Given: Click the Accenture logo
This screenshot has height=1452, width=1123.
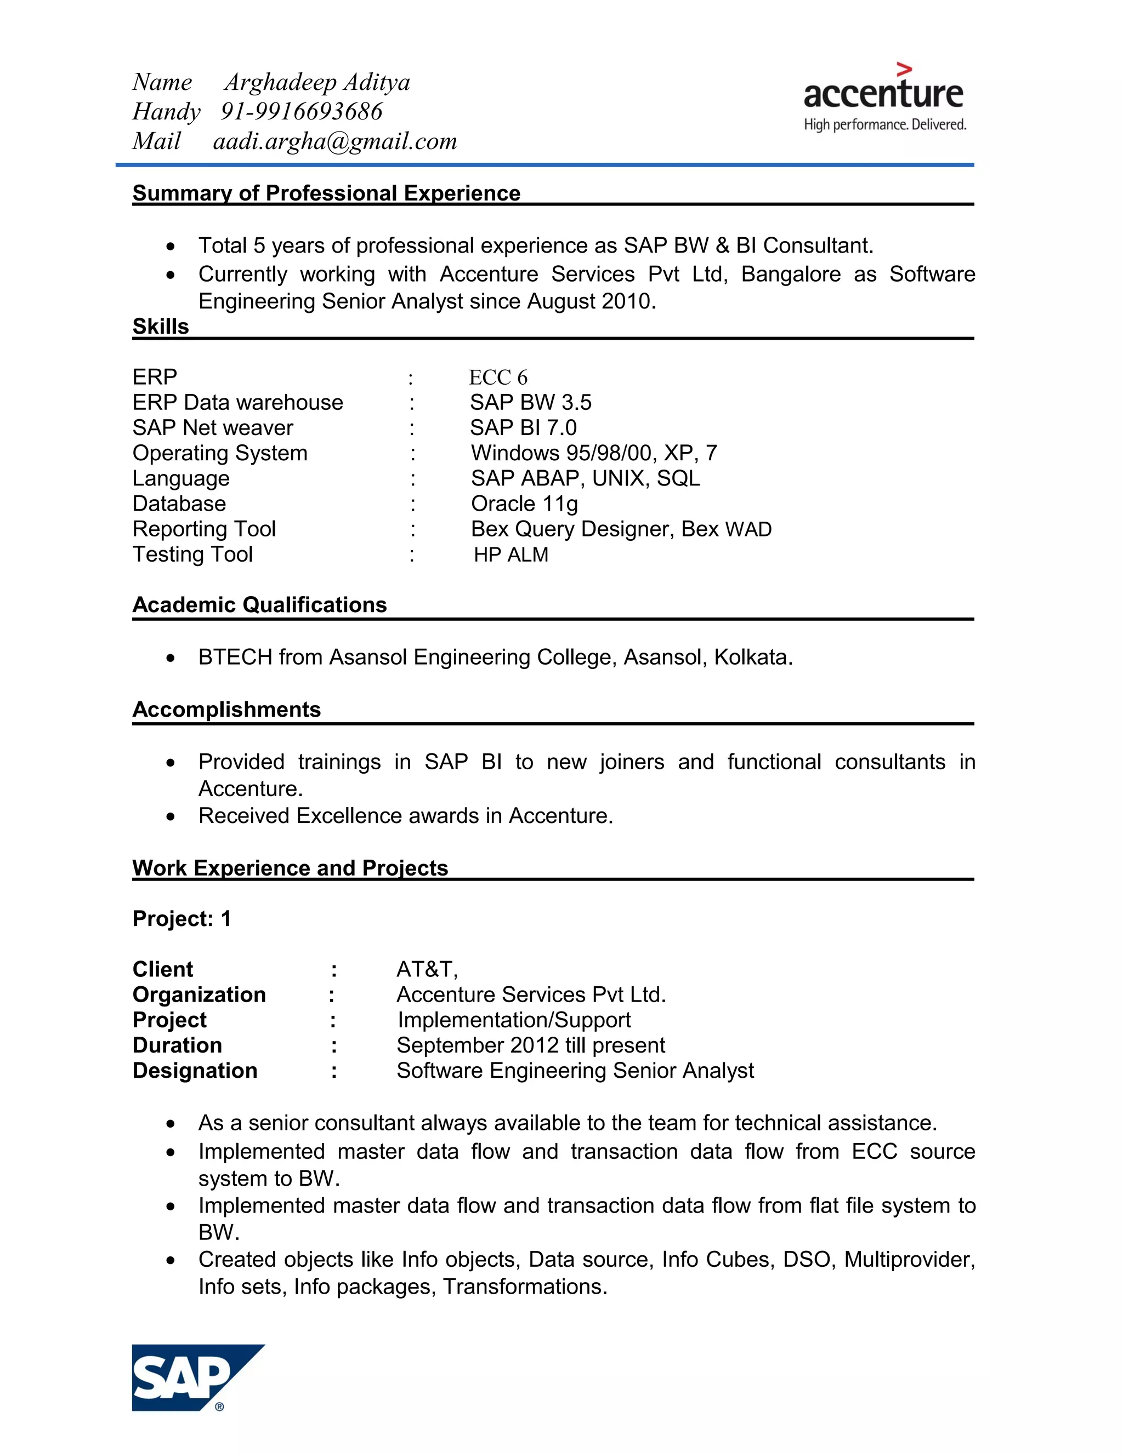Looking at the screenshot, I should [883, 99].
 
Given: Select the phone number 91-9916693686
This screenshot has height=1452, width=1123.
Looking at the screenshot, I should [302, 112].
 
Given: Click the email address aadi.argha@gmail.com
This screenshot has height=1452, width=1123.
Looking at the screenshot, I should [334, 141].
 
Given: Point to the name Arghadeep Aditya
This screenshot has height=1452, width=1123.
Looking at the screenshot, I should [317, 82].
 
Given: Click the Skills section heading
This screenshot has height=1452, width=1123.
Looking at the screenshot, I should [160, 327].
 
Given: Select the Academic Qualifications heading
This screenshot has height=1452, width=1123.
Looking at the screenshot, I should [259, 605].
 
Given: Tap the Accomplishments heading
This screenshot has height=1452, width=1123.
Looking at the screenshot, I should [226, 710].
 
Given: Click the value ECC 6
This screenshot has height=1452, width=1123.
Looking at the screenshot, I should [498, 378].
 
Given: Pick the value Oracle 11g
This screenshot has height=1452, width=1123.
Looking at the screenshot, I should [524, 504].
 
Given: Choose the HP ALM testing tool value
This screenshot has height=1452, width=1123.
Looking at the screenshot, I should [511, 554].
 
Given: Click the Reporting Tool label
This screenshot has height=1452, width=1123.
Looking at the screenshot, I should [203, 529].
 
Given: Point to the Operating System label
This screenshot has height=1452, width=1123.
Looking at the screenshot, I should [219, 454].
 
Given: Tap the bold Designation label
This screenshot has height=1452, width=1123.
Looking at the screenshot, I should [194, 1071].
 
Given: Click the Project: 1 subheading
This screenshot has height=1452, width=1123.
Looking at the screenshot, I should [182, 919].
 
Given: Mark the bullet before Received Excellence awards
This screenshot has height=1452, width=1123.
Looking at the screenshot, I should [171, 816].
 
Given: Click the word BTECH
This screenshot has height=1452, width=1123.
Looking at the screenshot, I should [235, 658].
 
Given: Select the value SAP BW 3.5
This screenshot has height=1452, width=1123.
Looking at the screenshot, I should [530, 403].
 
